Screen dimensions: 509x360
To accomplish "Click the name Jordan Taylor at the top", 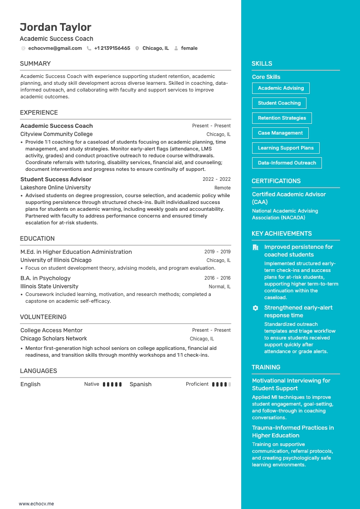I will (x=55, y=27).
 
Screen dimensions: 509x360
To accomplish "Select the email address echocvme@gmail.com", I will (x=55, y=48).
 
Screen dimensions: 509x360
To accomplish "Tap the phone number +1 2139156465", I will (x=112, y=48).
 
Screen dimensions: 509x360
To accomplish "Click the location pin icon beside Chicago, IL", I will (x=137, y=48).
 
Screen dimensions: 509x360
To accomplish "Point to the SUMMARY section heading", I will (x=35, y=63).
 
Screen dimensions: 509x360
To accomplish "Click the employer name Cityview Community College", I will (x=56, y=134).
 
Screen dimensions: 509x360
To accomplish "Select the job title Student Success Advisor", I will (x=56, y=179).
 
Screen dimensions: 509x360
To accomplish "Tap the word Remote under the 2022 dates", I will (x=222, y=188).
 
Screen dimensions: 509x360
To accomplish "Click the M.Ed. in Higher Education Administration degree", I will (x=76, y=252).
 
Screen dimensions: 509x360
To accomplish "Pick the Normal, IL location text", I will (x=219, y=286).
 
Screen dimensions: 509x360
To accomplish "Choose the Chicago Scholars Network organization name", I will (x=54, y=339).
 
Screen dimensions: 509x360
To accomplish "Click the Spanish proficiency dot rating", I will (x=221, y=384).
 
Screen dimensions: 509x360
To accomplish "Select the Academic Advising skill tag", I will (x=281, y=88).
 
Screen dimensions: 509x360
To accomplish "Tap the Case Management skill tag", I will (x=280, y=133).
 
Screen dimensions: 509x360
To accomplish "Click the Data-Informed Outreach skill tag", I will (x=287, y=163).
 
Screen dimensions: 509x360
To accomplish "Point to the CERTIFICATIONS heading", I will (x=276, y=181).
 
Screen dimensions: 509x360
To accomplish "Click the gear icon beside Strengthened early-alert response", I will (x=255, y=308).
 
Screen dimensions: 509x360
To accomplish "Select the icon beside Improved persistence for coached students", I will (x=255, y=247).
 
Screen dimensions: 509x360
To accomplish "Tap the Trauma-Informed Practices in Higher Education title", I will (x=293, y=431).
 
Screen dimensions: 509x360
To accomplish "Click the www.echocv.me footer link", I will (x=36, y=504).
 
